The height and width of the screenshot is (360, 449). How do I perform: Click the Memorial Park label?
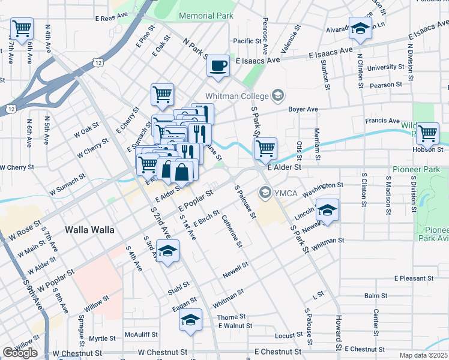205,16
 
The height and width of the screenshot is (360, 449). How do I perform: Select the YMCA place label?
282,192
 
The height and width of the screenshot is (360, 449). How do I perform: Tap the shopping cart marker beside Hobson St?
427,133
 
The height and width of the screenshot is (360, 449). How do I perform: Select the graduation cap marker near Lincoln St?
328,210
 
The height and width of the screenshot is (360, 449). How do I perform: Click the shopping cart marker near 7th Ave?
22,28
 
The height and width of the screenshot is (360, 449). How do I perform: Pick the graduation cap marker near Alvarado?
360,28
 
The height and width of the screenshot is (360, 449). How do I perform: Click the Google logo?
20,353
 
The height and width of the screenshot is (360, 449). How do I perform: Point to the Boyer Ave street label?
302,110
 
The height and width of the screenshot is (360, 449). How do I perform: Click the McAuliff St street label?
141,334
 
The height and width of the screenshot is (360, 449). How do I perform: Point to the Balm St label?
375,296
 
